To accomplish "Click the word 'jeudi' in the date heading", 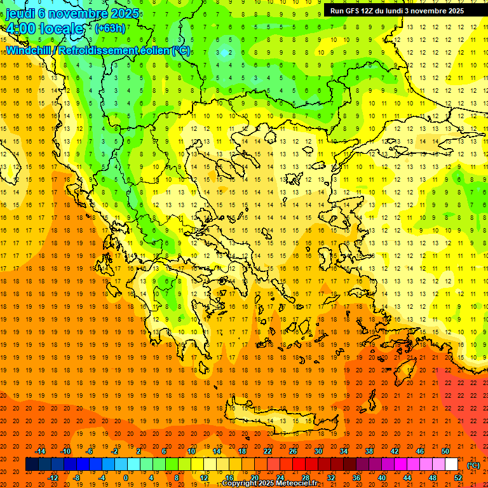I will click(x=20, y=13).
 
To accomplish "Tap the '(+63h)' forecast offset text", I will click(x=110, y=28).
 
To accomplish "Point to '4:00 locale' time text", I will click(x=44, y=29).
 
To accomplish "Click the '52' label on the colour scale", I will click(x=458, y=477).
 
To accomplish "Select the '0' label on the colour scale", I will click(x=125, y=477).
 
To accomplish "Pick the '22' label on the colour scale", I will click(x=268, y=451).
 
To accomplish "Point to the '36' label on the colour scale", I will click(x=356, y=477).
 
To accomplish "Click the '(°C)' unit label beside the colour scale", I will click(x=473, y=465).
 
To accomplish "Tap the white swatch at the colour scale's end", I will click(x=452, y=464).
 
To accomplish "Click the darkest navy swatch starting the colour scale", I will click(x=32, y=464).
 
